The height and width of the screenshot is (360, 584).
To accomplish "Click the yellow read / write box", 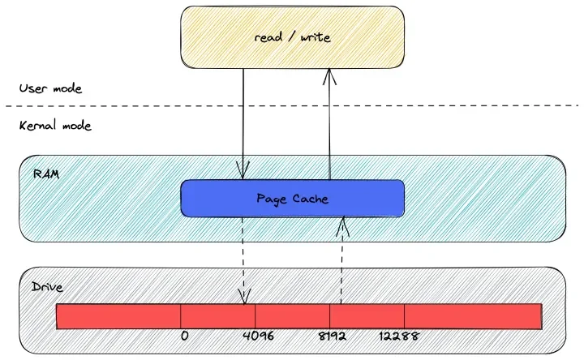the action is [292, 36].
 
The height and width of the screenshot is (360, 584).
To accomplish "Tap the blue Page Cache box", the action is [292, 199].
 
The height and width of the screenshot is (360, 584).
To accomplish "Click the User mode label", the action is [50, 88].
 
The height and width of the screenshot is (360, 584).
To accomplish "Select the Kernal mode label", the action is [55, 126].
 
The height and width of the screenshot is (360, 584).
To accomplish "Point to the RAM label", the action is [46, 174].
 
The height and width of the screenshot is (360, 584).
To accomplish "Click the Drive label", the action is [47, 287].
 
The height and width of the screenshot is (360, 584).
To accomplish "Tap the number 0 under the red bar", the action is [184, 336].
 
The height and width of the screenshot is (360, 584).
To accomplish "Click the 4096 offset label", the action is [258, 336].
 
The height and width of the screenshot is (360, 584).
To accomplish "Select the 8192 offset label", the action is [333, 336].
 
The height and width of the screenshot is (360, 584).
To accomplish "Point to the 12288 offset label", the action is [399, 336].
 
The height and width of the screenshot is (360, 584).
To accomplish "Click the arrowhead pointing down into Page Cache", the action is [243, 172].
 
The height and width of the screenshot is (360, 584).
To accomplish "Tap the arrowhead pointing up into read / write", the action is [329, 76].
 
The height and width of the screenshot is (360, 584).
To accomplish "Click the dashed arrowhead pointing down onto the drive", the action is [244, 297].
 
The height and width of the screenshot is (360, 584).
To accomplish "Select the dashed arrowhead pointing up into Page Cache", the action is [342, 226].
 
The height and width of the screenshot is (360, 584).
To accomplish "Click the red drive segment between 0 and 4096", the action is [218, 316].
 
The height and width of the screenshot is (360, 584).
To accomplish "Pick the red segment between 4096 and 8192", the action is [292, 316].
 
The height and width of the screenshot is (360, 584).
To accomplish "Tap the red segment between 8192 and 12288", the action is [367, 316].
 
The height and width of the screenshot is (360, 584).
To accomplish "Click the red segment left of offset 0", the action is [118, 316].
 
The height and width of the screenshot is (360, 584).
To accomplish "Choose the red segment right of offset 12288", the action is [474, 316].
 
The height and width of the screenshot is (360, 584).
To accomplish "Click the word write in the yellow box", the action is [316, 37].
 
